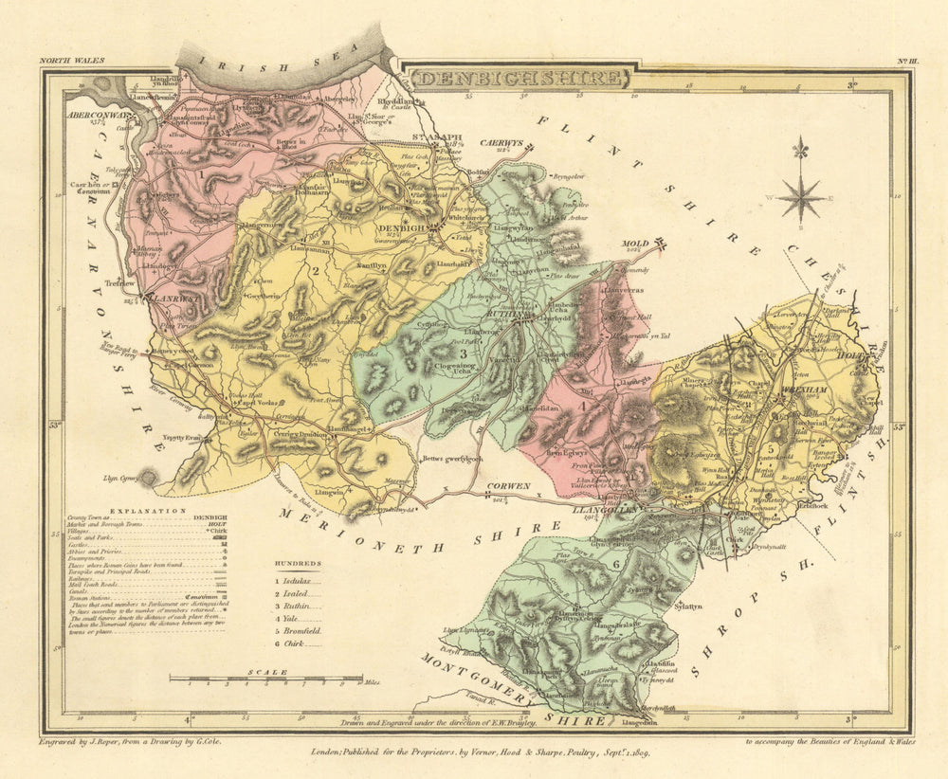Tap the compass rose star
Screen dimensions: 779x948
coord(802,197)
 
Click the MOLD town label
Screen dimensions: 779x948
coord(634,244)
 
